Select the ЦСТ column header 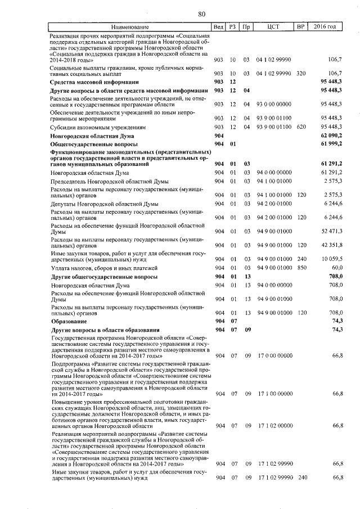point(274,27)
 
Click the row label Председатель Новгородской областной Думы point(105,182)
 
